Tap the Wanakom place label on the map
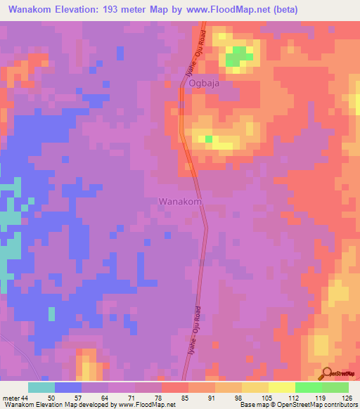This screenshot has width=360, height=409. [181, 201]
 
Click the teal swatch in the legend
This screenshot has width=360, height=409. [41, 387]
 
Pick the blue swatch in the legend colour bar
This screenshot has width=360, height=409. [68, 387]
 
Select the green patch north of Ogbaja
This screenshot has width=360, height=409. [239, 56]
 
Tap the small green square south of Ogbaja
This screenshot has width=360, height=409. [208, 139]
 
